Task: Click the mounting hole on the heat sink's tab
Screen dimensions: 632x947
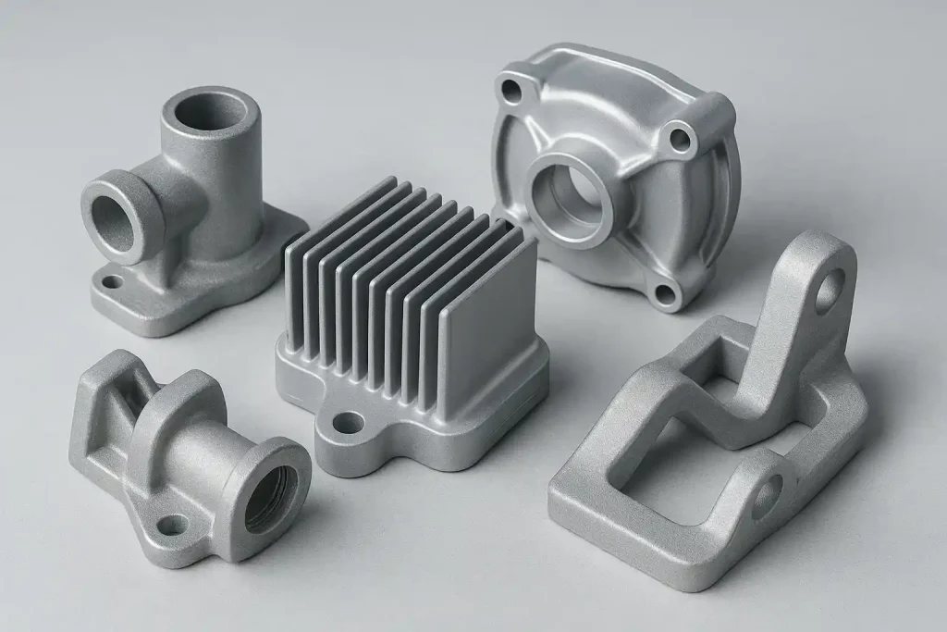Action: click(348, 424)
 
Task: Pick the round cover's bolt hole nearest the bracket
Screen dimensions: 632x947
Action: click(664, 295)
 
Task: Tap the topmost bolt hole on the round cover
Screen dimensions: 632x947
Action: click(510, 91)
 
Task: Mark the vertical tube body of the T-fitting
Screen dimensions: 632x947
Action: click(217, 194)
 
